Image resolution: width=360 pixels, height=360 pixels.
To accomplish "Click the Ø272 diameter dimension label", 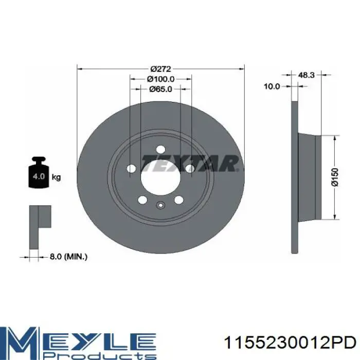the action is pyautogui.click(x=160, y=68).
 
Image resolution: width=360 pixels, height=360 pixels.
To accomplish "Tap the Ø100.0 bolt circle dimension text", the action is pyautogui.click(x=160, y=79).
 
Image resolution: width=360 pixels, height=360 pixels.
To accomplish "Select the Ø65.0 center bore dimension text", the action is pyautogui.click(x=160, y=89).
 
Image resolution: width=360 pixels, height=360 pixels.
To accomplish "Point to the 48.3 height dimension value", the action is pyautogui.click(x=307, y=75).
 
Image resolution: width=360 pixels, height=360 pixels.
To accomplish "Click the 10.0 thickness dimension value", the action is pyautogui.click(x=272, y=86).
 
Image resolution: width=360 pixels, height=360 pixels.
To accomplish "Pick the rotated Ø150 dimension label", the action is pyautogui.click(x=335, y=177).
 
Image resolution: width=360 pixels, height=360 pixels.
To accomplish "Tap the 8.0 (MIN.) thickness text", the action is pyautogui.click(x=68, y=257).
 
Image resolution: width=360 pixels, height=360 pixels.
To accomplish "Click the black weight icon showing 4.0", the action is pyautogui.click(x=39, y=172).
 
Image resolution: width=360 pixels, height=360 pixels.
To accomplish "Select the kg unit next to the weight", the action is pyautogui.click(x=56, y=177).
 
